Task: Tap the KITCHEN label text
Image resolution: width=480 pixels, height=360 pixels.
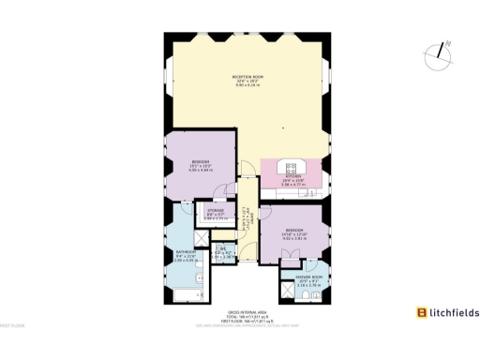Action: [x=292, y=176]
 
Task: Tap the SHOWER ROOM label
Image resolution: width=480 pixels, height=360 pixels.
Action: [x=310, y=277]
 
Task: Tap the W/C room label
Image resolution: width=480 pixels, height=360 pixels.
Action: [x=222, y=250]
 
